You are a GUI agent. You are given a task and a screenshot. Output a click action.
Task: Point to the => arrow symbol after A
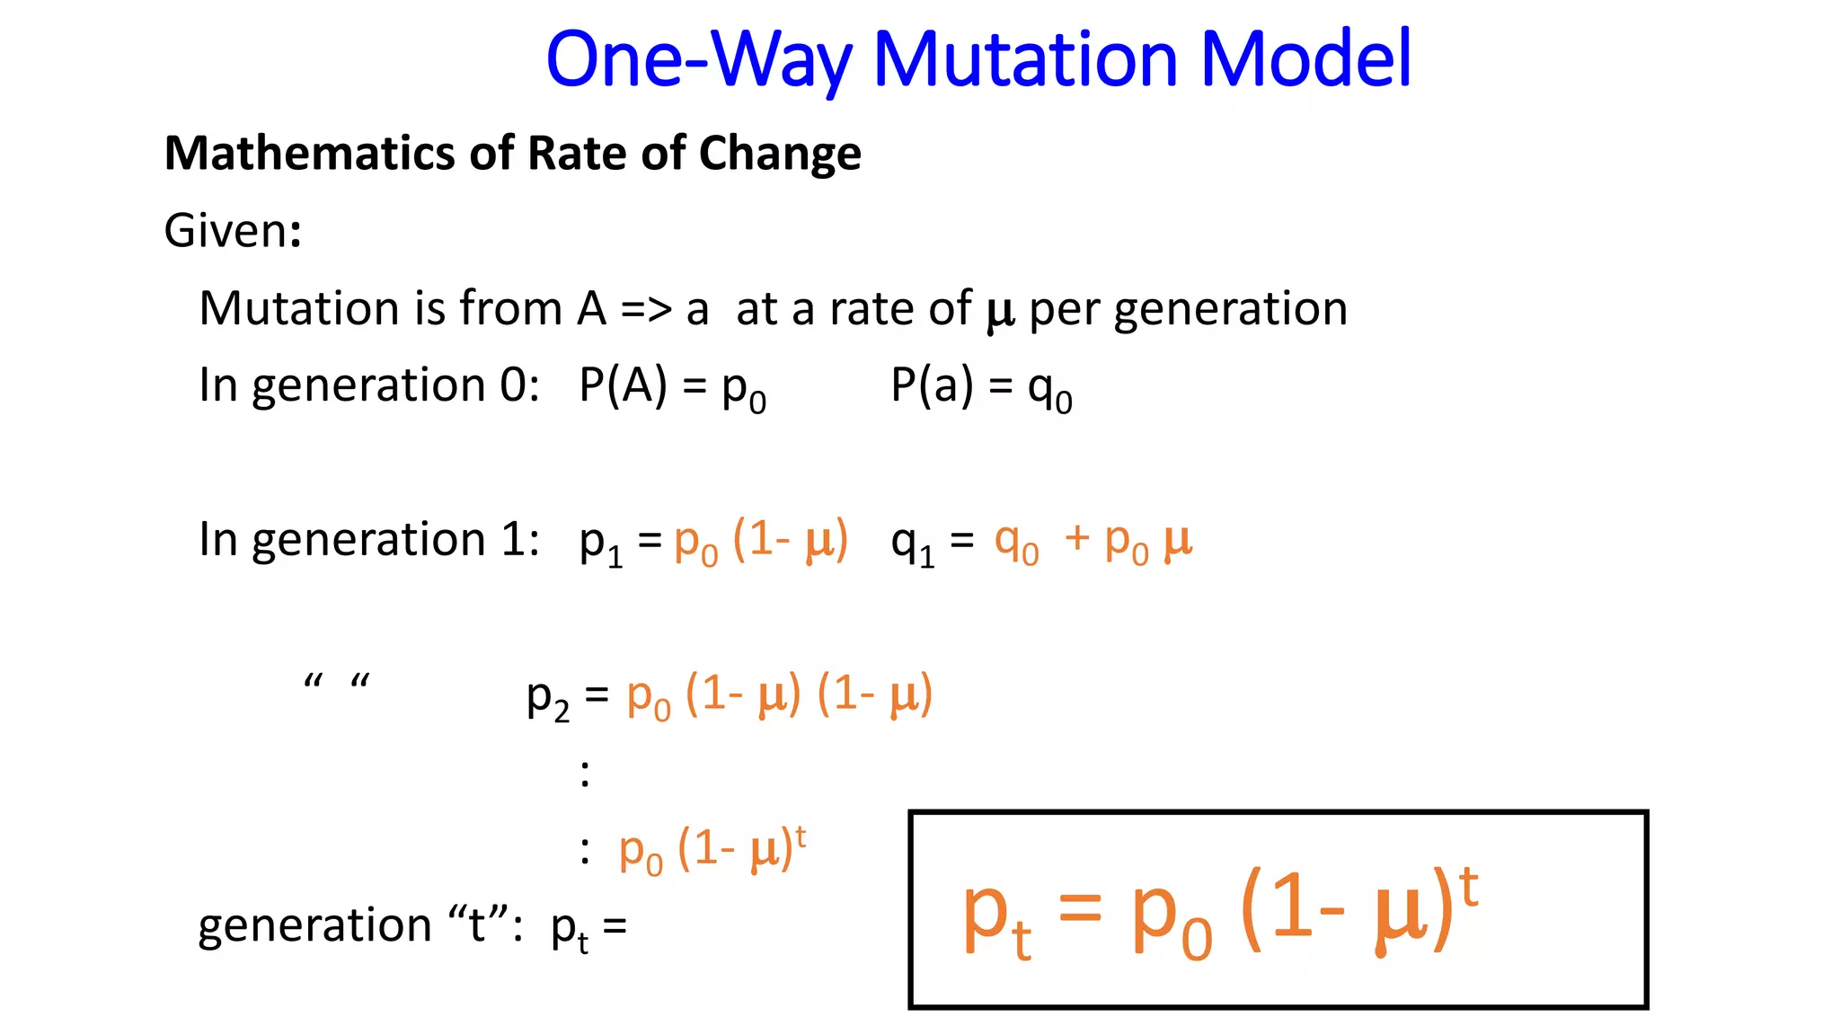click(x=646, y=309)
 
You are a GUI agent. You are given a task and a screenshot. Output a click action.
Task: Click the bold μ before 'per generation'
click(x=1000, y=311)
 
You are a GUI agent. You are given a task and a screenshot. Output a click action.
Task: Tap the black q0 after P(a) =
click(x=1049, y=390)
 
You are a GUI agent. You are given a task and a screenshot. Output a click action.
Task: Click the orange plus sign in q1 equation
click(x=1076, y=539)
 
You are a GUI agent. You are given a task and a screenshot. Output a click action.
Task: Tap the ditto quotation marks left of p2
click(x=337, y=682)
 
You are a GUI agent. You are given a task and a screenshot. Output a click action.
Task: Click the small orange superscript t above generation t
click(x=800, y=836)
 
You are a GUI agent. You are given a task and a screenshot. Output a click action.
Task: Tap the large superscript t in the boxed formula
click(x=1468, y=888)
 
